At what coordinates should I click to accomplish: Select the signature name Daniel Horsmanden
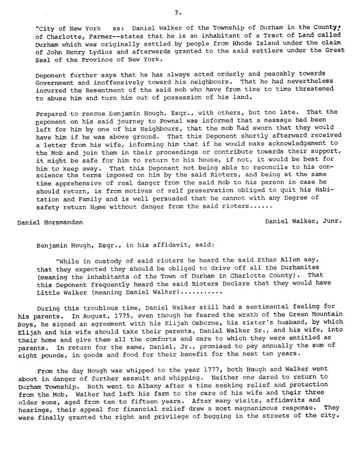[50, 222]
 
